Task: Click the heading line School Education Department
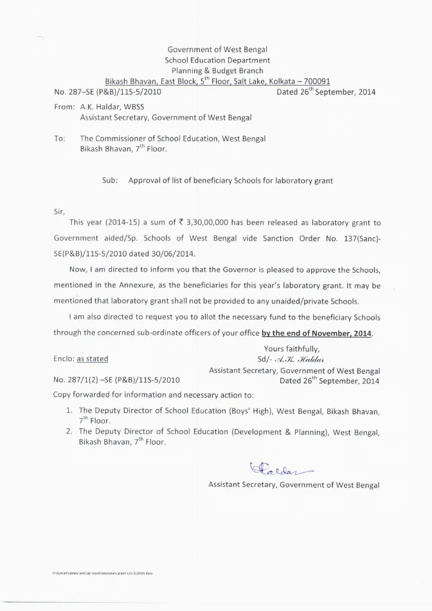(217, 60)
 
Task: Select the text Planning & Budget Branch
(217, 71)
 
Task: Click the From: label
(65, 106)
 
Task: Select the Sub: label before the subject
(110, 181)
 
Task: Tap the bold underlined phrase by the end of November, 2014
(317, 333)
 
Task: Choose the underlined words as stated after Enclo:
(92, 359)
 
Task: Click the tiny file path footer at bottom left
(103, 572)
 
